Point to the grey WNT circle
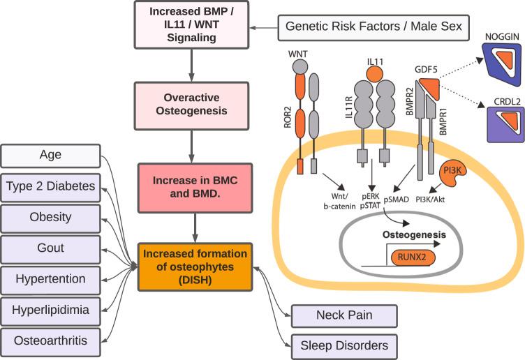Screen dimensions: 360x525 point(300,66)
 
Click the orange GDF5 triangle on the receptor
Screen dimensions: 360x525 point(429,88)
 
